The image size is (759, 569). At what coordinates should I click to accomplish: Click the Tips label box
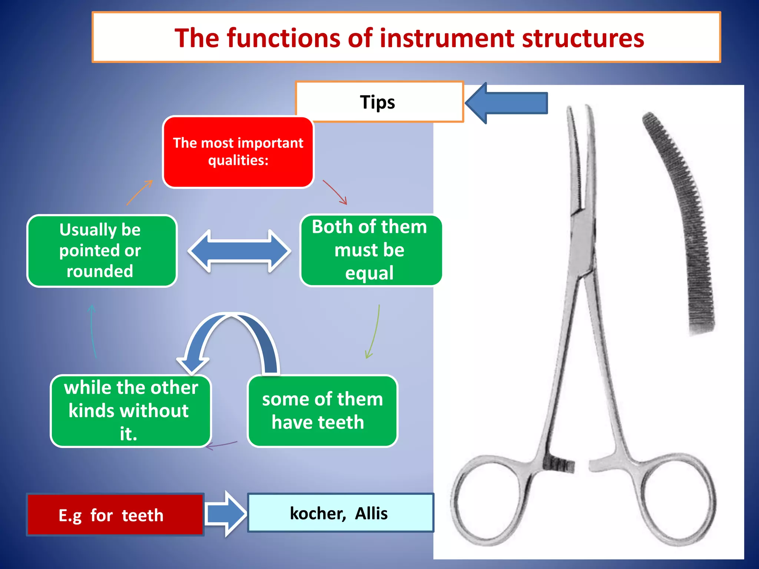[x=379, y=102]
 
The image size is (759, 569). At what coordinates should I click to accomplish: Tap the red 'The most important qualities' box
[x=238, y=152]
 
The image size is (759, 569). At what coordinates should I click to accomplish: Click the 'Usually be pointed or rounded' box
[x=102, y=251]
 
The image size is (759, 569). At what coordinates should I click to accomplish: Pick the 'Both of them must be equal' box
[x=371, y=251]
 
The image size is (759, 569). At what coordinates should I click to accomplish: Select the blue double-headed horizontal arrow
[x=239, y=251]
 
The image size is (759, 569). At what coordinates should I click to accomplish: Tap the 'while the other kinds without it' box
[x=130, y=410]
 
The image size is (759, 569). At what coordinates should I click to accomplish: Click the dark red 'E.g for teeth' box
[x=115, y=515]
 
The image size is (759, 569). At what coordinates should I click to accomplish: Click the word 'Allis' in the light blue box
[x=371, y=513]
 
